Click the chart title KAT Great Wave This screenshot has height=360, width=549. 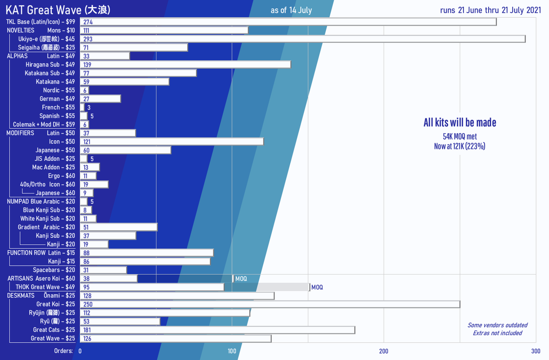coord(58,9)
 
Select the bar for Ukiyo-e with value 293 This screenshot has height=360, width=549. coord(302,39)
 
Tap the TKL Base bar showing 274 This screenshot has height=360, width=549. coord(288,22)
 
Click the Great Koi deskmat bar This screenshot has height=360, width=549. coord(270,304)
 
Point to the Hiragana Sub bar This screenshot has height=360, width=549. coord(185,64)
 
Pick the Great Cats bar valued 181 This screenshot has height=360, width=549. coord(217,330)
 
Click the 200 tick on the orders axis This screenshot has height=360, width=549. coord(384,351)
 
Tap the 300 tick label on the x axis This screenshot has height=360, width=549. coord(535,351)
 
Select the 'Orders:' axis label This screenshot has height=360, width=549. coord(63,351)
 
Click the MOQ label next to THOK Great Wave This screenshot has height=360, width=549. coord(317,287)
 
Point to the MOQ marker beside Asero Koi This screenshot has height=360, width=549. coord(241,279)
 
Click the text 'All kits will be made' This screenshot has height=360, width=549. coord(459,122)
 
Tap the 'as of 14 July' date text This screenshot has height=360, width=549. coord(291,10)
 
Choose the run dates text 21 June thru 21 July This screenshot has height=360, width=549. coord(491,10)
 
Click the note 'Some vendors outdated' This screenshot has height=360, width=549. coord(497,325)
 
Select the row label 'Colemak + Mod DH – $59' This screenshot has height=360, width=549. coord(44,124)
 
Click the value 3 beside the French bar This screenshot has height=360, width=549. coord(89,108)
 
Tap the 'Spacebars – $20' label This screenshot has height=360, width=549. coord(54,270)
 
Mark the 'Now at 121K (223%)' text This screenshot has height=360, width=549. coord(459,146)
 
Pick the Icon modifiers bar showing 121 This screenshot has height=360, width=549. coord(171,141)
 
